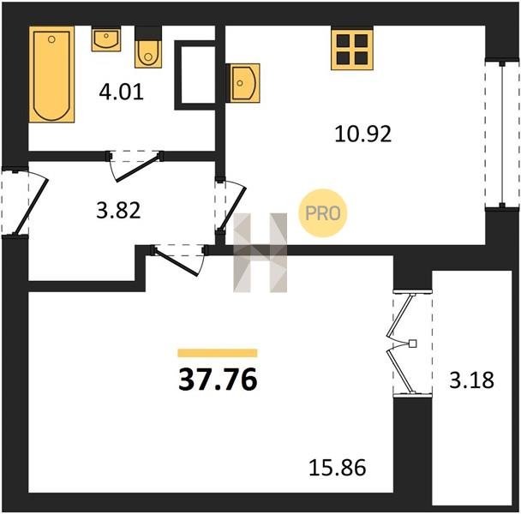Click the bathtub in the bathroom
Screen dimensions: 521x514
pyautogui.click(x=51, y=75)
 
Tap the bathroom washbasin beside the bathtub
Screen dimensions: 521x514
pyautogui.click(x=106, y=39)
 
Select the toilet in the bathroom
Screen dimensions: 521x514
pyautogui.click(x=148, y=48)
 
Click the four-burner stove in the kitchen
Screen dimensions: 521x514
pyautogui.click(x=352, y=49)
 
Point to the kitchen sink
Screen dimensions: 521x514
pyautogui.click(x=243, y=83)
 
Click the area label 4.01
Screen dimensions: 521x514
pyautogui.click(x=122, y=93)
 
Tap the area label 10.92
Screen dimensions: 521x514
pyautogui.click(x=362, y=134)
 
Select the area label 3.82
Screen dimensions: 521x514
pyautogui.click(x=118, y=211)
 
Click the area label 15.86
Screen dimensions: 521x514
pyautogui.click(x=338, y=468)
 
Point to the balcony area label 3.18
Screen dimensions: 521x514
pyautogui.click(x=472, y=380)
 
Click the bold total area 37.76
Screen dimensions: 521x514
pyautogui.click(x=218, y=380)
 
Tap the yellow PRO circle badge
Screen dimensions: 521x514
pyautogui.click(x=323, y=213)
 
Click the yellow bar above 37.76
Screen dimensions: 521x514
pyautogui.click(x=218, y=353)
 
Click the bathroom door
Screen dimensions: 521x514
pyautogui.click(x=135, y=167)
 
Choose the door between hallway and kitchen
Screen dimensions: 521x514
pyautogui.click(x=232, y=206)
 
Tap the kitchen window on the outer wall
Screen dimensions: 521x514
pyautogui.click(x=502, y=134)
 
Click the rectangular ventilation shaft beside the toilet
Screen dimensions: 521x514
pyautogui.click(x=195, y=75)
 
